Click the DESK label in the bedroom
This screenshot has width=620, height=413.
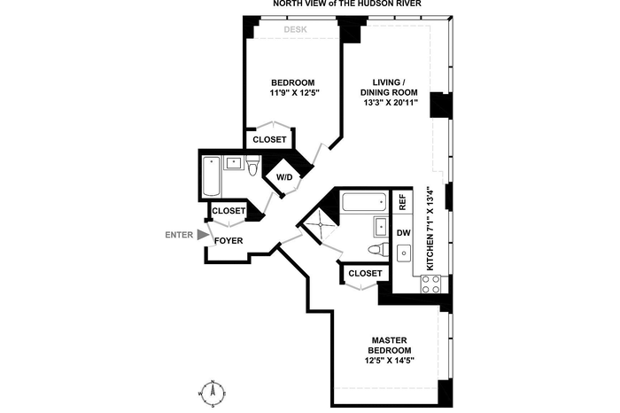295,29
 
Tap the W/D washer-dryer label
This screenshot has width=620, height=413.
284,177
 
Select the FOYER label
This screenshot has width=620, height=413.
229,240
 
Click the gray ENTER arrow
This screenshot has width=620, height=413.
203,235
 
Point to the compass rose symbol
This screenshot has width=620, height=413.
213,394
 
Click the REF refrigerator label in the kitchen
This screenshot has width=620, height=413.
402,202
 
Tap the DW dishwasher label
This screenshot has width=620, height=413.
404,233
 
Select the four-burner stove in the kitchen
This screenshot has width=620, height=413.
430,284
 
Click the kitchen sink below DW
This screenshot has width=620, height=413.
404,253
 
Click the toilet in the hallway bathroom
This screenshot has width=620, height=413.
252,166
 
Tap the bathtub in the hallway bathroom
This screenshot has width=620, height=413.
212,176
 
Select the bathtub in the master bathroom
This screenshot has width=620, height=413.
364,202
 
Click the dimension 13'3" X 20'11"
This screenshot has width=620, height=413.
391,103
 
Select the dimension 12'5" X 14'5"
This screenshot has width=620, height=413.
390,361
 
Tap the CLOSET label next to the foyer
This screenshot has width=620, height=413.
229,211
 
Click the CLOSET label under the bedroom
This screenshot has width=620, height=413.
269,140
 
